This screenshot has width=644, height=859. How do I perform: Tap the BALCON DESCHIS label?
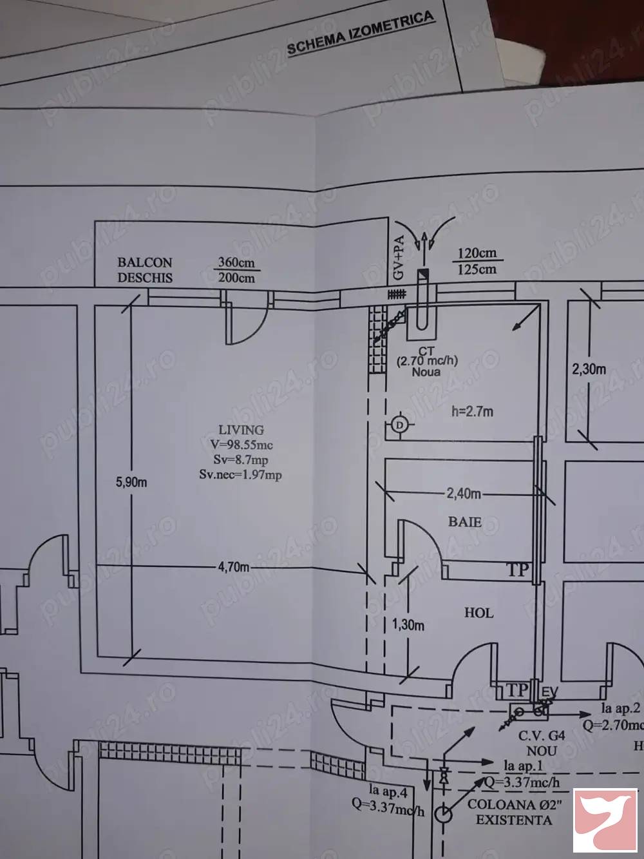[x=145, y=270]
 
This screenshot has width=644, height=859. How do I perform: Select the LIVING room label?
[x=241, y=430]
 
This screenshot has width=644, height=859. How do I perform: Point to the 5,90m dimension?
[x=131, y=482]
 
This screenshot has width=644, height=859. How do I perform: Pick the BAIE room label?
[x=465, y=522]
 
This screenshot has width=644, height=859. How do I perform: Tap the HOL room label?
[x=479, y=613]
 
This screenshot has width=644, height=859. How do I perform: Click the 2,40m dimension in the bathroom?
[x=464, y=494]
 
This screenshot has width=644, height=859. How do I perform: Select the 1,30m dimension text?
[x=408, y=625]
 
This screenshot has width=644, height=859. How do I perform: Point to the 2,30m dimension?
[x=589, y=369]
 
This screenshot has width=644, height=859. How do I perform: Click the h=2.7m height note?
[x=473, y=411]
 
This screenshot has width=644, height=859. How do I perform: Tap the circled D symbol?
[x=399, y=425]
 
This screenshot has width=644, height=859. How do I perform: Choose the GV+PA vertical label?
[x=399, y=258]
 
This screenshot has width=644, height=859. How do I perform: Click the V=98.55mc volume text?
[x=241, y=445]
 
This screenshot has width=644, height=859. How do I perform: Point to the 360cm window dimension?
[x=236, y=262]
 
